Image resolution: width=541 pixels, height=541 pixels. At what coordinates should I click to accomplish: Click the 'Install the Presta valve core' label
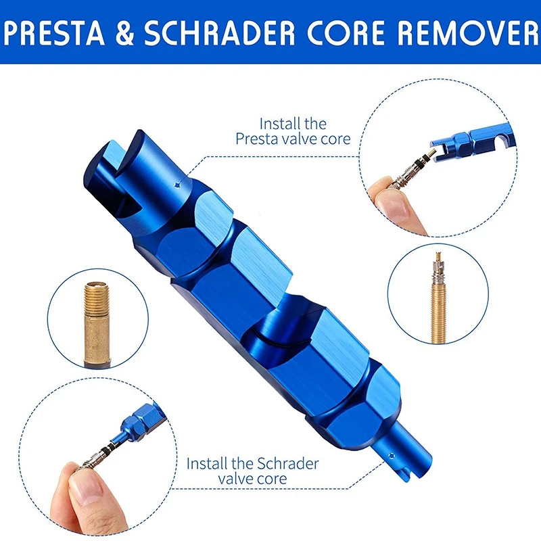pyautogui.click(x=293, y=131)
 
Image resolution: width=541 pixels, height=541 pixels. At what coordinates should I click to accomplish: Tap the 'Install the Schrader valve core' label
pyautogui.click(x=252, y=471)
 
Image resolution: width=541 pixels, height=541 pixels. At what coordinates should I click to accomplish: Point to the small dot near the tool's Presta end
pyautogui.click(x=177, y=184)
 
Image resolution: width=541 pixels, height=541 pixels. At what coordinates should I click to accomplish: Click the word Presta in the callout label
pyautogui.click(x=256, y=139)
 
